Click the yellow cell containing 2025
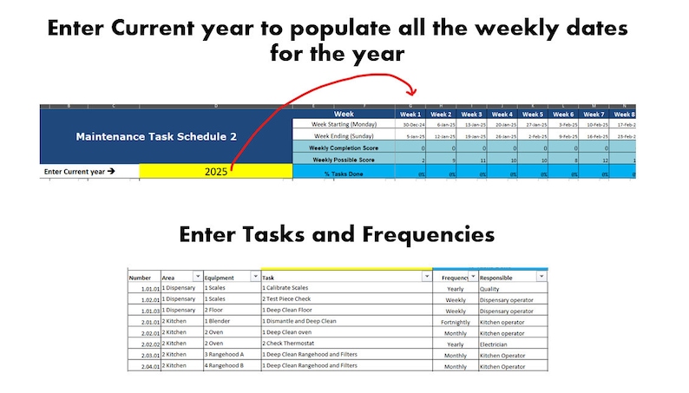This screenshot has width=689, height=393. click(216, 172)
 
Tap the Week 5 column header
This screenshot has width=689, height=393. click(532, 114)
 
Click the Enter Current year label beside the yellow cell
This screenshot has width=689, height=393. click(80, 172)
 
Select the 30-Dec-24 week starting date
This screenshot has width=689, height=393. click(412, 125)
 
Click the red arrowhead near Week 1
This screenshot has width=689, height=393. click(413, 91)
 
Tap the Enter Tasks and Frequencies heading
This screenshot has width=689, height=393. click(337, 234)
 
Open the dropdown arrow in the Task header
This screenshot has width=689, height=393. click(425, 277)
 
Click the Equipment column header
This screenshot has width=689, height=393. click(219, 278)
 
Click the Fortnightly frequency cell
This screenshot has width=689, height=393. click(455, 321)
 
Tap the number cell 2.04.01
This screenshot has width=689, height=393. click(142, 365)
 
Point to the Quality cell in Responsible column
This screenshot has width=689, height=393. click(490, 288)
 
